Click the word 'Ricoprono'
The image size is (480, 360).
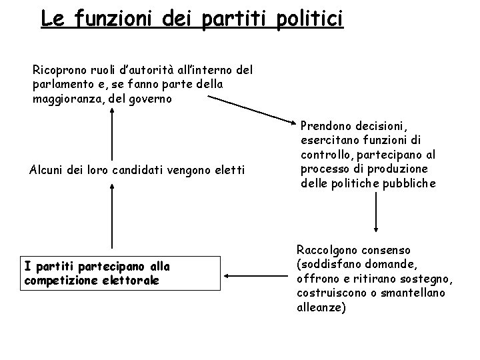click(x=60, y=69)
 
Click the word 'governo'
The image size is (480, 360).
click(x=153, y=99)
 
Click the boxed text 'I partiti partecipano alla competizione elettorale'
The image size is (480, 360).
click(x=97, y=273)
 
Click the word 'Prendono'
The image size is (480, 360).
click(x=327, y=125)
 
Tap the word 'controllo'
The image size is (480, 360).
click(x=326, y=154)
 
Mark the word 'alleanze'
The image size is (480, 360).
click(x=320, y=307)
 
